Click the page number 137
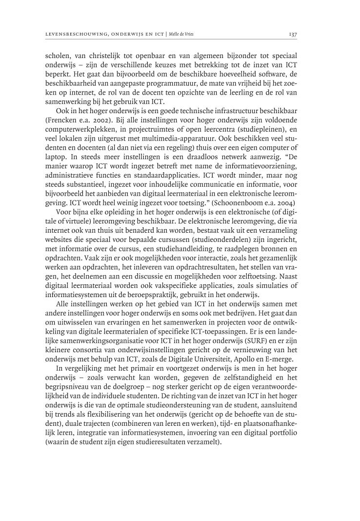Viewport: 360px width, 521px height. point(293,34)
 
